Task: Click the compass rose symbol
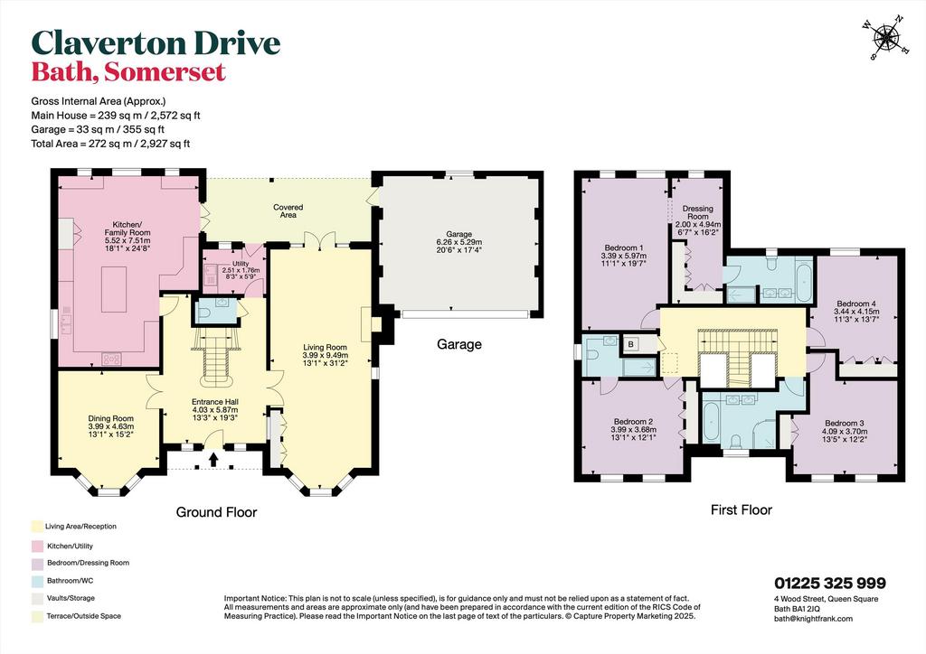886,38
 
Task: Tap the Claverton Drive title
156,43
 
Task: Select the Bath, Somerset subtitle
128,72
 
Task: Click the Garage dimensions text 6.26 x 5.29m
458,242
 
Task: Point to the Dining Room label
111,419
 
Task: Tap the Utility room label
241,264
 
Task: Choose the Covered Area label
288,211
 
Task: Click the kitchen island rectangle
113,289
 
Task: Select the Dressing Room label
697,212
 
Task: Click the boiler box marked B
631,344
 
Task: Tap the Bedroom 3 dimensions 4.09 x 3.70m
845,431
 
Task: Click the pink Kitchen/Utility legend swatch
37,546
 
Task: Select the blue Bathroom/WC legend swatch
37,580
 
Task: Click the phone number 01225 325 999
830,584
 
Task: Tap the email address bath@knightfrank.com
813,619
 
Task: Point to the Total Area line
110,144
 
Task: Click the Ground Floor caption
216,512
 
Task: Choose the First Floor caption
742,509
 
